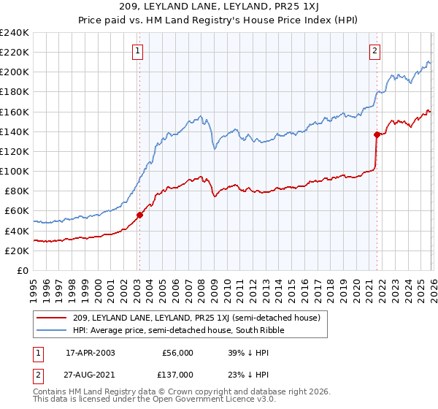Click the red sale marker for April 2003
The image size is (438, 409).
coord(139,215)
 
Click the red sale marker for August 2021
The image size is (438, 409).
coord(377,134)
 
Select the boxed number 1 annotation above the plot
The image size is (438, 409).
coord(138,50)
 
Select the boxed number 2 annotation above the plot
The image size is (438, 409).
coord(374,50)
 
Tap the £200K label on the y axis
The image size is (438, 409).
coord(15,72)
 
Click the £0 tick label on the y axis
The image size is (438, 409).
coord(22,270)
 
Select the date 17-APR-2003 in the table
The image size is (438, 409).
coord(90,351)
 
